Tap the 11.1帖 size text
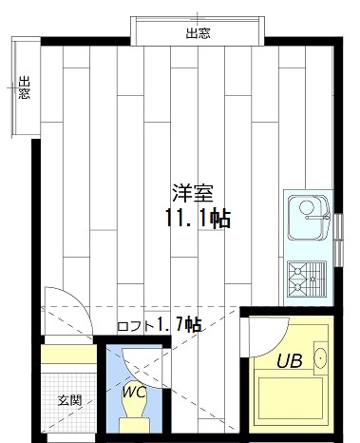point(197,219)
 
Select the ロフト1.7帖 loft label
point(159,325)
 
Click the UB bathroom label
point(289,360)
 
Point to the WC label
point(134,390)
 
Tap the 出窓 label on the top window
point(198,34)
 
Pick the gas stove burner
point(305,277)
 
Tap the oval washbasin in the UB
point(320,358)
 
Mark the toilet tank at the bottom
point(135,428)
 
